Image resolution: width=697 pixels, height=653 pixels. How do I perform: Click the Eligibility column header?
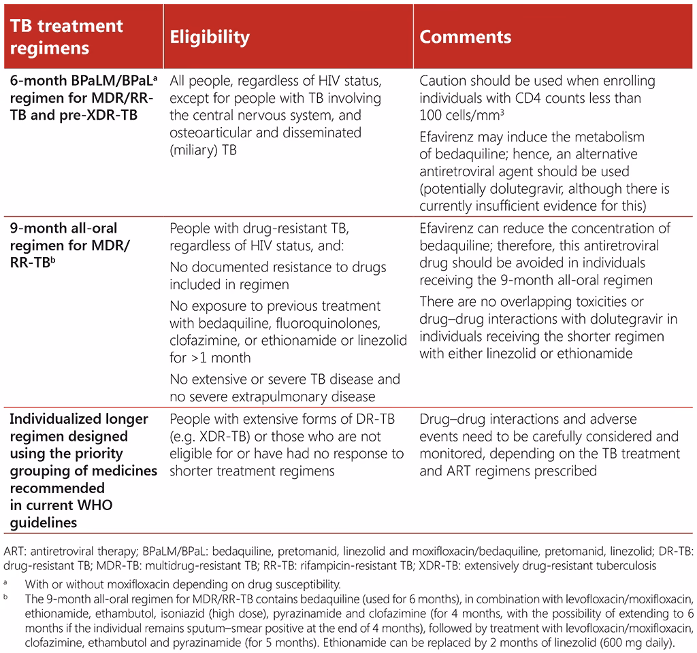click(x=209, y=37)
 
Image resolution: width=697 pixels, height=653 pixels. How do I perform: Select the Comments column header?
click(x=465, y=37)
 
